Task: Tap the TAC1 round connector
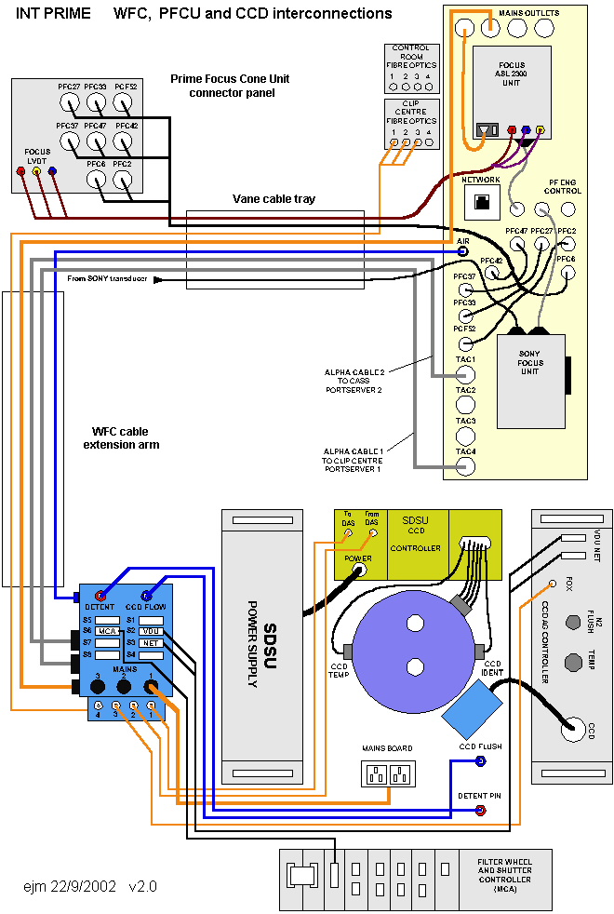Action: [465, 374]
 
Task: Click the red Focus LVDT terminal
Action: [20, 171]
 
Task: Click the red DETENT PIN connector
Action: [480, 811]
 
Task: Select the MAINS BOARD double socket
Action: [388, 774]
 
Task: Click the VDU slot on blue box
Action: [151, 631]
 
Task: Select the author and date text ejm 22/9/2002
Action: [70, 886]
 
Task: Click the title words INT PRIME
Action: [53, 14]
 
